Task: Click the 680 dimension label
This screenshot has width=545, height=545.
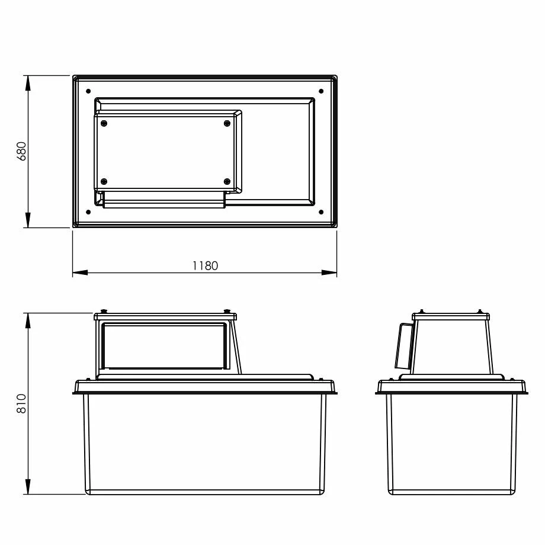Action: (21, 152)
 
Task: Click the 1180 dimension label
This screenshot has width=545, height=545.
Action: (205, 265)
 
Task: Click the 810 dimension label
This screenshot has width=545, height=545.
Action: (21, 403)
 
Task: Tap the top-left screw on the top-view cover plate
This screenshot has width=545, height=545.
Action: (104, 123)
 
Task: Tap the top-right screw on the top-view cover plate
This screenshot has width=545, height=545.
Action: (227, 123)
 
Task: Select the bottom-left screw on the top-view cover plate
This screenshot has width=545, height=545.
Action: (104, 181)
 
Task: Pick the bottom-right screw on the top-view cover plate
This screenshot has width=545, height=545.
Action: (227, 181)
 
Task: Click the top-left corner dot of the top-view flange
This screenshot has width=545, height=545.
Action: (88, 91)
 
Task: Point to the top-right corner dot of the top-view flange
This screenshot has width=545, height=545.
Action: (321, 91)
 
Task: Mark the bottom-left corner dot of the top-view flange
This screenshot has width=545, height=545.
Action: (88, 211)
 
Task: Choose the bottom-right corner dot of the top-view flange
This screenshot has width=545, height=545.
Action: (321, 211)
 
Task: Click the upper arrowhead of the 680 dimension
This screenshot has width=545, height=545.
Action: (28, 82)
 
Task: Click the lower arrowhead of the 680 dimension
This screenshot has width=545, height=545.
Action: (28, 220)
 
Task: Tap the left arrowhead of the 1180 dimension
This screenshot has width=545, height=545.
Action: (80, 272)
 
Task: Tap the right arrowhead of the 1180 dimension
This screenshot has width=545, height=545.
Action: (329, 272)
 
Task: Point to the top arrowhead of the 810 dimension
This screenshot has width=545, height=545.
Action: (28, 319)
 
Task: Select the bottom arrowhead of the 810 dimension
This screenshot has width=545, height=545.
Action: (28, 487)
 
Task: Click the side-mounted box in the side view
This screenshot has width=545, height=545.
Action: (405, 345)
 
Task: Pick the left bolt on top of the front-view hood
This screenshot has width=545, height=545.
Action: (104, 311)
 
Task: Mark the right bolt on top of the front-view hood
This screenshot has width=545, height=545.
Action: (227, 311)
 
